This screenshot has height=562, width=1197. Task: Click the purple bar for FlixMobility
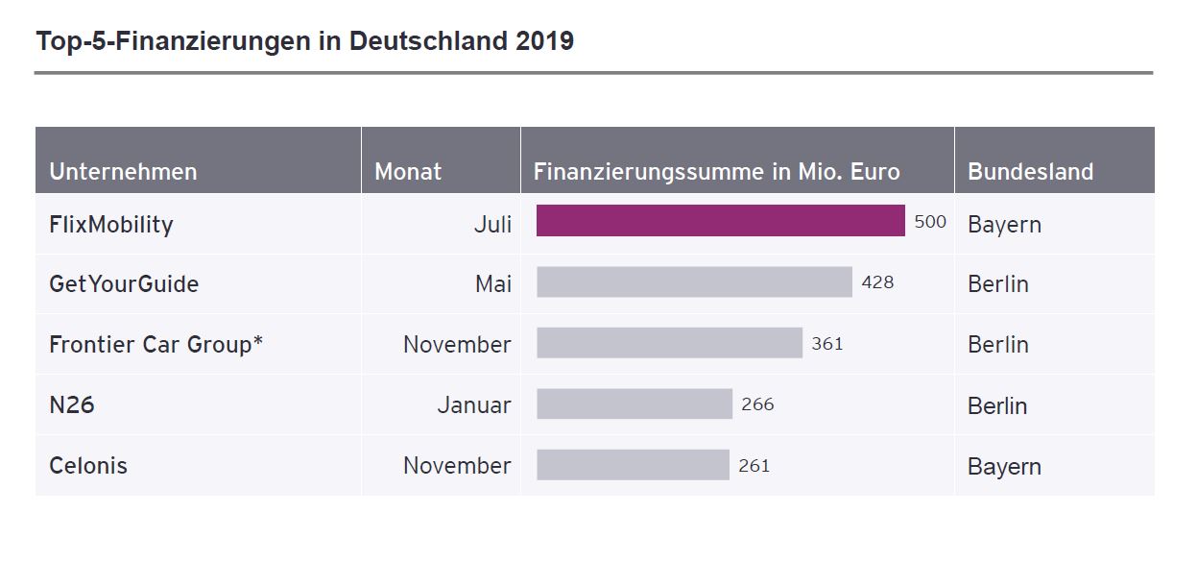click(x=720, y=221)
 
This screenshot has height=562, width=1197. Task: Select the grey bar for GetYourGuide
click(x=694, y=282)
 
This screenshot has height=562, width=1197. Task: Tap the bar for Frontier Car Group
click(x=669, y=343)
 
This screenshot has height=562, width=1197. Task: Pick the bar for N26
click(x=634, y=404)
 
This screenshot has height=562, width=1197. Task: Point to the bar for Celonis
click(x=633, y=465)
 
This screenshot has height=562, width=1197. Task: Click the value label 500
click(x=930, y=222)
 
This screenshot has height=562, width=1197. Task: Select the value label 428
click(x=877, y=282)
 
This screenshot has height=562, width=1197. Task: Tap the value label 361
click(x=826, y=343)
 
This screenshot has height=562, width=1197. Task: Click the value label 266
click(x=757, y=404)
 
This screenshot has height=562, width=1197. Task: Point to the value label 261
click(x=754, y=466)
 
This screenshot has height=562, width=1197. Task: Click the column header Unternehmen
click(x=123, y=172)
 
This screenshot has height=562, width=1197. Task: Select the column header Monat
click(x=408, y=172)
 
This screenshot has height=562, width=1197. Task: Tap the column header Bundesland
click(x=1030, y=172)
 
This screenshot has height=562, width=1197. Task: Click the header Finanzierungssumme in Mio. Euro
click(x=716, y=172)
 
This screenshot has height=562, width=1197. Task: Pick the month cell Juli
click(x=492, y=225)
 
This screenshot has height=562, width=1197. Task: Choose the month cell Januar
click(x=474, y=405)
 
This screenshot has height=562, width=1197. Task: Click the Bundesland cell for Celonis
click(x=1004, y=467)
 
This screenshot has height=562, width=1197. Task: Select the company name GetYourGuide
click(x=124, y=284)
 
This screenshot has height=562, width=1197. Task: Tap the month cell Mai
click(x=493, y=284)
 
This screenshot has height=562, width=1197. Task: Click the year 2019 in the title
click(x=543, y=41)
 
